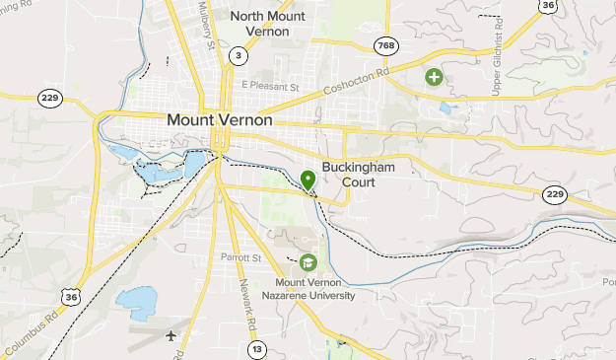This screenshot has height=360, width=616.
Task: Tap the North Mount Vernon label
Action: [x=260, y=24]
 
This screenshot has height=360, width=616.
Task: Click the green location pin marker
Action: [x=308, y=180]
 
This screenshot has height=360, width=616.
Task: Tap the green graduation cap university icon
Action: [x=308, y=262]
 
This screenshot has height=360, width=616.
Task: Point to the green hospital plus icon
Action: [x=433, y=76]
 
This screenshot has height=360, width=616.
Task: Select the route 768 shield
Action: [x=386, y=45]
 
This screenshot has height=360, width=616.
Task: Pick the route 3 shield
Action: [x=236, y=56]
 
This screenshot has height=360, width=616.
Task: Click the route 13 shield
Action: [x=257, y=348]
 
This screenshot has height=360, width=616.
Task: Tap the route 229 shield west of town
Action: [x=48, y=97]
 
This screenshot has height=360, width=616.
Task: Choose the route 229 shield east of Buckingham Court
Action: [x=556, y=193]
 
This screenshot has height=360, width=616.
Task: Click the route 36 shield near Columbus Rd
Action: [x=69, y=296]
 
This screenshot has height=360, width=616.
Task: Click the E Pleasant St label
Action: [x=270, y=87]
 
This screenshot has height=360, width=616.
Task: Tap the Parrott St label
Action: [x=240, y=259]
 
